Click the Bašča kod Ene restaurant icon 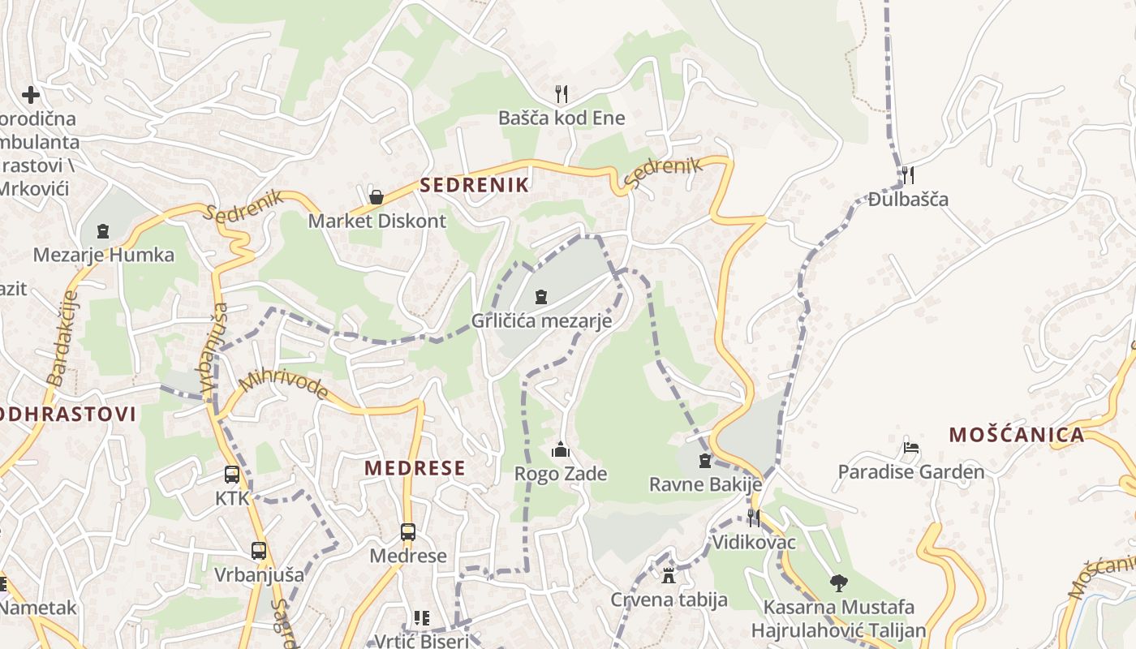pyautogui.click(x=561, y=93)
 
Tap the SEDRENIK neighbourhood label pyautogui.click(x=474, y=185)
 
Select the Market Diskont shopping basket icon pyautogui.click(x=377, y=196)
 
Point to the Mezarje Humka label pyautogui.click(x=103, y=255)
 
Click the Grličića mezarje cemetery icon pyautogui.click(x=541, y=297)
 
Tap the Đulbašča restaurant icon pyautogui.click(x=908, y=174)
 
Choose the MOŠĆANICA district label pyautogui.click(x=1017, y=435)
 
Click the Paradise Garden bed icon pyautogui.click(x=911, y=448)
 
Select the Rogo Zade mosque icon pyautogui.click(x=561, y=449)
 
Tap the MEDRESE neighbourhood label pyautogui.click(x=415, y=468)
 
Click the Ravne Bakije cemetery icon pyautogui.click(x=705, y=461)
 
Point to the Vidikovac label pyautogui.click(x=754, y=542)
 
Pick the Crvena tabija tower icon pyautogui.click(x=669, y=576)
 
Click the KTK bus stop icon pyautogui.click(x=232, y=475)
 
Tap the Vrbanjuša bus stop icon pyautogui.click(x=259, y=551)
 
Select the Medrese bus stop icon pyautogui.click(x=408, y=532)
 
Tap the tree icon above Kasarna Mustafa pyautogui.click(x=838, y=582)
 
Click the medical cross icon pyautogui.click(x=31, y=95)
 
